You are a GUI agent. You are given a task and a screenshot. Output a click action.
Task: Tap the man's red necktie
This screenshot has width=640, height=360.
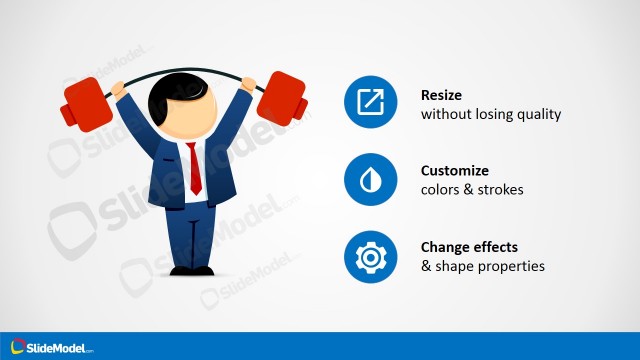coord(196,169)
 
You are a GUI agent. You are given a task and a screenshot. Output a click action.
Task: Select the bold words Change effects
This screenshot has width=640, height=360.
coord(476,248)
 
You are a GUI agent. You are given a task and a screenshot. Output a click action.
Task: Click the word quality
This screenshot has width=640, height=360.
coord(539,114)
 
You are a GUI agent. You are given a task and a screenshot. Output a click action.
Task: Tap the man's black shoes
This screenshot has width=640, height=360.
coord(191,270)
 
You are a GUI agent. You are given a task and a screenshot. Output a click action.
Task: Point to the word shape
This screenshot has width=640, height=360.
coord(455,267)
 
